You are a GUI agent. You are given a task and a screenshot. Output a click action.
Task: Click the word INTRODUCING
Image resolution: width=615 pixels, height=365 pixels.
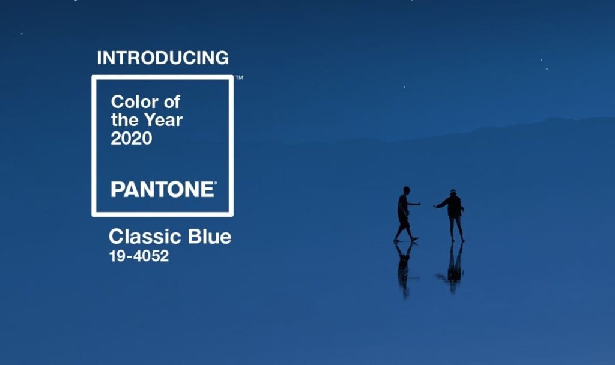[x=163, y=58]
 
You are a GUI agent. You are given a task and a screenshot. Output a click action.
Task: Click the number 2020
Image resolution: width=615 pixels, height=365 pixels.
[x=132, y=139]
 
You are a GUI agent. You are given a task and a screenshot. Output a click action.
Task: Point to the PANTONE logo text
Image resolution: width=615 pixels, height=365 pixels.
[x=163, y=189]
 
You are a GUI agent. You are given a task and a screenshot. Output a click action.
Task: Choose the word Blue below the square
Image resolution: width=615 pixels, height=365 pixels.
[x=210, y=237]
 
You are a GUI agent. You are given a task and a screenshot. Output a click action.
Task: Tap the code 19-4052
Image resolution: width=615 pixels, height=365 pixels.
[x=139, y=256]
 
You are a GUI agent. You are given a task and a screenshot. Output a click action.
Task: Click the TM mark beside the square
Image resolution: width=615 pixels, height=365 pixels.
[x=239, y=77]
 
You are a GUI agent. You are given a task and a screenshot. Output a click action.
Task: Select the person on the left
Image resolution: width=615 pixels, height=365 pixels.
[x=405, y=214]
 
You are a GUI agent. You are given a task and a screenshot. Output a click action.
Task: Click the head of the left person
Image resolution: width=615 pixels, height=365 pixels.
[x=407, y=190]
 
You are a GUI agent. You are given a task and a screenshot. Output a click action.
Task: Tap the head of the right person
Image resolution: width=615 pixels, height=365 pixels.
[x=453, y=193]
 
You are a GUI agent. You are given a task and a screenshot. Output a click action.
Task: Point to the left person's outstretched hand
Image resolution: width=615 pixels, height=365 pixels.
[x=419, y=204]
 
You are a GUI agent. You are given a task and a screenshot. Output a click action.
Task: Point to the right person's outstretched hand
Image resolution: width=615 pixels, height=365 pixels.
[x=435, y=206]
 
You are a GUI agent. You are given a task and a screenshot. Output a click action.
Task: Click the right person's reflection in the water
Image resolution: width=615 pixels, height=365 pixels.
[x=453, y=267]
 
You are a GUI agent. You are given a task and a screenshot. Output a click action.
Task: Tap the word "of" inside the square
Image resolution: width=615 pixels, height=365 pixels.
[x=172, y=102]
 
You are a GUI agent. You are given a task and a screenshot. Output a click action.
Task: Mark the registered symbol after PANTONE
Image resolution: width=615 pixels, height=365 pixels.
[x=215, y=182]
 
